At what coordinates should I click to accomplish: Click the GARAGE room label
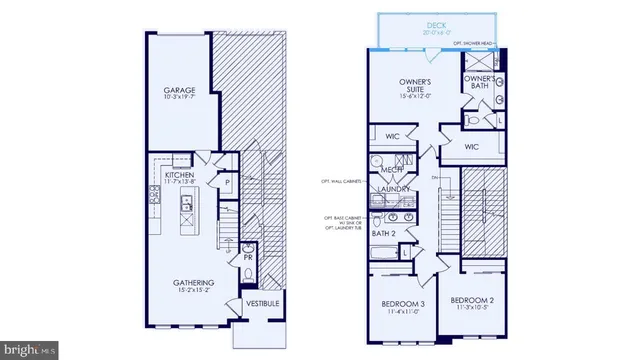click(x=179, y=91)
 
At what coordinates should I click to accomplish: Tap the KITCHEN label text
click(x=180, y=173)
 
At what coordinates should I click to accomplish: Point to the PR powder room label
click(x=247, y=258)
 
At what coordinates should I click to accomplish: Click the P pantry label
click(x=228, y=184)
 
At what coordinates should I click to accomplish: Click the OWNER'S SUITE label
click(x=414, y=87)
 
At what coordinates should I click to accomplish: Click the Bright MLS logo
click(x=28, y=350)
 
